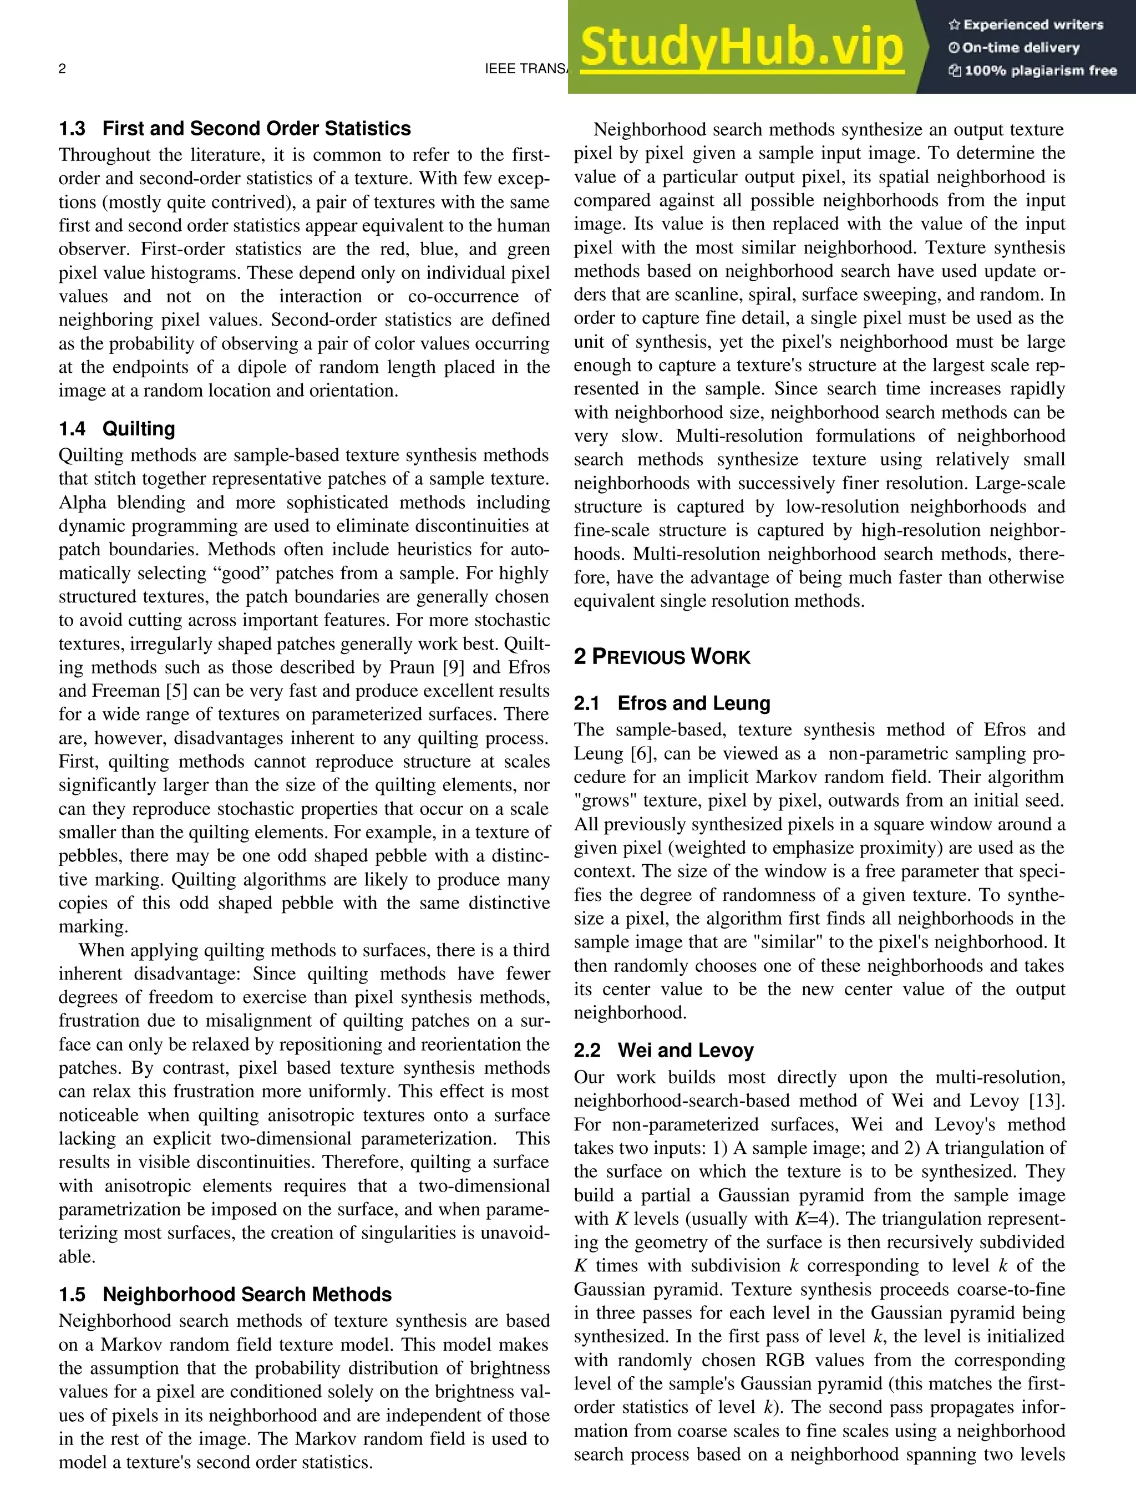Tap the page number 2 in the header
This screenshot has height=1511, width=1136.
point(62,68)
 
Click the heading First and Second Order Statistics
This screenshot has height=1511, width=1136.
point(256,129)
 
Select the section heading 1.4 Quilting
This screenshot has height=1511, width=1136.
point(117,429)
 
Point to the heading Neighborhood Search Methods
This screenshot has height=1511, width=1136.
point(247,1295)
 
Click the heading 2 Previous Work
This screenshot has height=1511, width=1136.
point(661,657)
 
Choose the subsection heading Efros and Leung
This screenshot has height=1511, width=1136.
point(693,703)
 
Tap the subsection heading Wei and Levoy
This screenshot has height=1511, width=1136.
point(685,1050)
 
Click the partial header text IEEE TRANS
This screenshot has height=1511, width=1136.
point(526,68)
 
